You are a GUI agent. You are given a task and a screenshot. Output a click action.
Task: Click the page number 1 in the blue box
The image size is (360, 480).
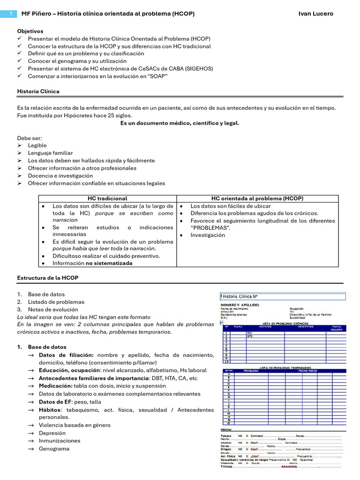10,14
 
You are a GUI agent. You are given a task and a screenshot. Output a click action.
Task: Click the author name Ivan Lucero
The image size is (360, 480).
315,14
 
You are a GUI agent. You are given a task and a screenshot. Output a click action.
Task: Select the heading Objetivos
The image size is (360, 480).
30,31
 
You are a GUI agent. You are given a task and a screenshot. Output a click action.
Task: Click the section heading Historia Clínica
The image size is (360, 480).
38,91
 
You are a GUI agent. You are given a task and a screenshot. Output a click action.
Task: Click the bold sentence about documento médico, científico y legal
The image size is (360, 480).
180,123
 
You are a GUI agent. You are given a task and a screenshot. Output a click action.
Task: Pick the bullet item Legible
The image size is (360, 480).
37,145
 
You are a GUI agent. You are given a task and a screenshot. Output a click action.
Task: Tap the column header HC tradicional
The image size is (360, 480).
107,198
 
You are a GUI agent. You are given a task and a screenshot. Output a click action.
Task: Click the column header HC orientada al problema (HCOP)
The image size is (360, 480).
257,198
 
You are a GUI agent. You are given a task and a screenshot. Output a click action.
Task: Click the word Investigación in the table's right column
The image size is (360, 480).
208,235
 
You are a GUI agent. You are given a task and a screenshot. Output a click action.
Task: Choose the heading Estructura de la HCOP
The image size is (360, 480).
47,278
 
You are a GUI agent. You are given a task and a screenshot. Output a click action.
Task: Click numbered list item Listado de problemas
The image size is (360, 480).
56,302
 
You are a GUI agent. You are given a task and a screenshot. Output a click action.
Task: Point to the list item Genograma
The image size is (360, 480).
54,449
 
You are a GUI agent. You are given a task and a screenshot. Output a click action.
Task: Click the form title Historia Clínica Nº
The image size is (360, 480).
240,296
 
